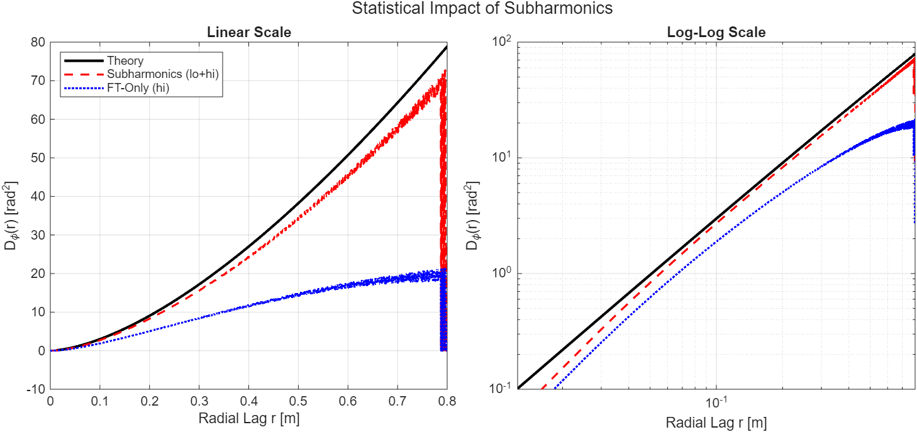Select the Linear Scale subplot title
coord(249,32)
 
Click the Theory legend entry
coord(125,61)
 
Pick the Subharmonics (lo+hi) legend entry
coord(163,75)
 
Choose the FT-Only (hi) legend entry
coord(138,89)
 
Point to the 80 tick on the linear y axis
coord(39,42)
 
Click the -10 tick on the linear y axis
coord(36,389)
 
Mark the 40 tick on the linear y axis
coord(39,196)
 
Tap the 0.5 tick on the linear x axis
coord(298,401)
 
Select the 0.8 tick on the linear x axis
coord(447,401)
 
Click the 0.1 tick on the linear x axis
coord(99,401)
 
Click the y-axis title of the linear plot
coord(11,216)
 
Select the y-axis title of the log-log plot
coord(472,216)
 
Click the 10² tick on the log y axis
coord(503,42)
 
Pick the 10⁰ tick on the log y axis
coord(503,274)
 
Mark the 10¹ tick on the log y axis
coord(503,157)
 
